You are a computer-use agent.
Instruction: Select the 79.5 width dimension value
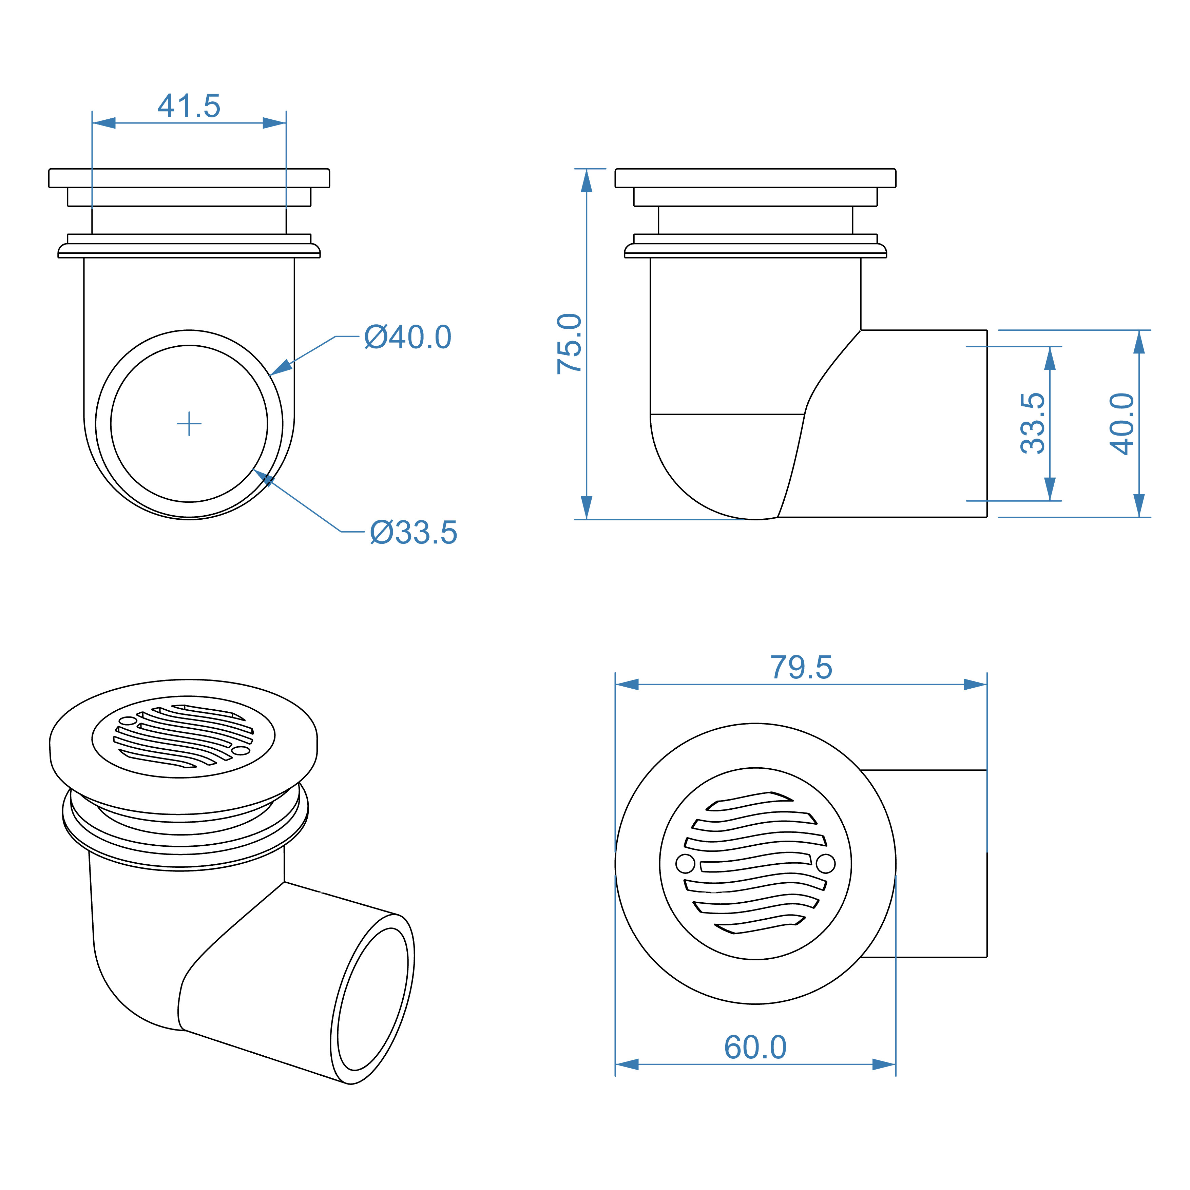[x=801, y=668]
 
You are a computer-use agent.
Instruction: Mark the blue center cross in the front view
[x=189, y=424]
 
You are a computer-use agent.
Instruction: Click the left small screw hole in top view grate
[x=685, y=864]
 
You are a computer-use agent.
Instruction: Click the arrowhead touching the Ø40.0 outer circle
[x=280, y=368]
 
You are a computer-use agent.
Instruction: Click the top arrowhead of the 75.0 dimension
[x=587, y=180]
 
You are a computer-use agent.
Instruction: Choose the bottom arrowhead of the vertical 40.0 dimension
[x=1139, y=505]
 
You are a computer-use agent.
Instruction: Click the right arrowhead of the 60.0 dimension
[x=884, y=1064]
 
